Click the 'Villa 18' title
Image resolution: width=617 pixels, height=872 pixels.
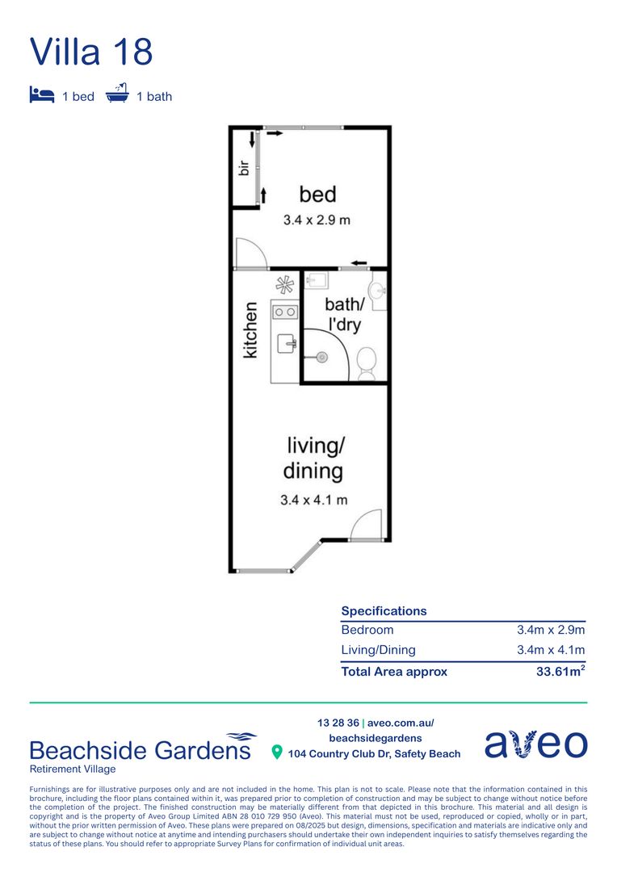point(91,52)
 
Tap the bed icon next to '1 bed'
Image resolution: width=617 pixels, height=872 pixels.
point(41,95)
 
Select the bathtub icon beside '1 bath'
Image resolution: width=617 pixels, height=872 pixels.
point(118,94)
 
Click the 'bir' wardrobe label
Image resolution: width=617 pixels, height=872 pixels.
point(242,168)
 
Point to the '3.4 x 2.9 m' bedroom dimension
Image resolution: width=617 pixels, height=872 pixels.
point(317,220)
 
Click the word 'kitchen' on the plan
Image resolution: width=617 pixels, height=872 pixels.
point(251,329)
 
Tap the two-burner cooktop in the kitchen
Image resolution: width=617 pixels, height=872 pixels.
point(284,311)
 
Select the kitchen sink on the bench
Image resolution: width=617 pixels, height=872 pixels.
point(287,344)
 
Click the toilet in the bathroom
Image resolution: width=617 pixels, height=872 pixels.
point(367,363)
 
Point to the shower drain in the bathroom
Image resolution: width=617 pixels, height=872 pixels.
point(321,356)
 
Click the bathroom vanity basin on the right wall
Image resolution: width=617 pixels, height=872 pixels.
point(377,291)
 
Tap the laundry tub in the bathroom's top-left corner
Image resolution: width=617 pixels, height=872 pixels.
point(317,281)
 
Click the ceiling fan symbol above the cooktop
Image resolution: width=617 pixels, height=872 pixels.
point(285,284)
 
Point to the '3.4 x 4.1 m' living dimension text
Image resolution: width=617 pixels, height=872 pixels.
point(314,500)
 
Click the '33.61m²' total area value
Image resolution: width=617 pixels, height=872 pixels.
point(560,671)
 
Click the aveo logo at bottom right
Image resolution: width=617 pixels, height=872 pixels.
point(535,744)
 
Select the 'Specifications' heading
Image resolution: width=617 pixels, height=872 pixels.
point(384,611)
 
